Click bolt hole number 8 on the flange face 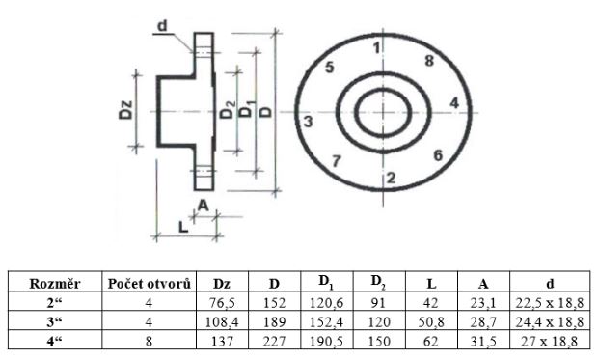point(429,61)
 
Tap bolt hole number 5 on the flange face point(329,68)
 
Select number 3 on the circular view point(308,122)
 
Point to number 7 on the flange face point(337,161)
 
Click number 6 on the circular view point(438,155)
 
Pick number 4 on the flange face point(454,103)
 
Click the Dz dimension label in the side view point(125,110)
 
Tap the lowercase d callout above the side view point(162,26)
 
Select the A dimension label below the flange point(204,206)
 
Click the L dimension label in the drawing point(183,228)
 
